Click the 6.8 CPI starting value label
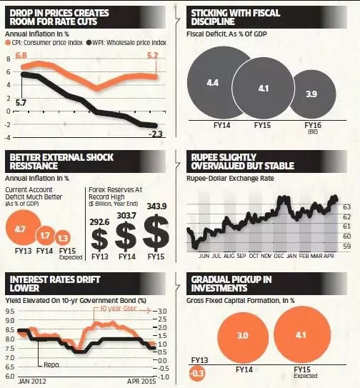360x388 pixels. pos(21,55)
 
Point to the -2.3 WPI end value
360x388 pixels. pos(156,134)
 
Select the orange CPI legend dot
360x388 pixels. pos(8,43)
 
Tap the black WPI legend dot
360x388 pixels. pos(89,43)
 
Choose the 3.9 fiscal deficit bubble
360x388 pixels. pos(312,94)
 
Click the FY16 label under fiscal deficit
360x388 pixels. pos(313,125)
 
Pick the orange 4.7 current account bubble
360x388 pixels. pos(23,227)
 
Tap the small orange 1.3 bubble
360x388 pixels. pos(63,238)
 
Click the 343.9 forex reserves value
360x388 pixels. pos(156,206)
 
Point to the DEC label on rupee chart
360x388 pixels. pos(279,256)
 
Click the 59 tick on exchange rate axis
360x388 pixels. pos(347,247)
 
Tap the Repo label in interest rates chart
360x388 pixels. pos(51,364)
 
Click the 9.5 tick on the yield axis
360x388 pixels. pos(10,311)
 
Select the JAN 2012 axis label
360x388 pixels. pos(32,381)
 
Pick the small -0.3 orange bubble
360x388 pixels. pos(197,372)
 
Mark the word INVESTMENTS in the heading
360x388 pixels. pos(219,288)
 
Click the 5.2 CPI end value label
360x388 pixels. pos(152,55)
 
